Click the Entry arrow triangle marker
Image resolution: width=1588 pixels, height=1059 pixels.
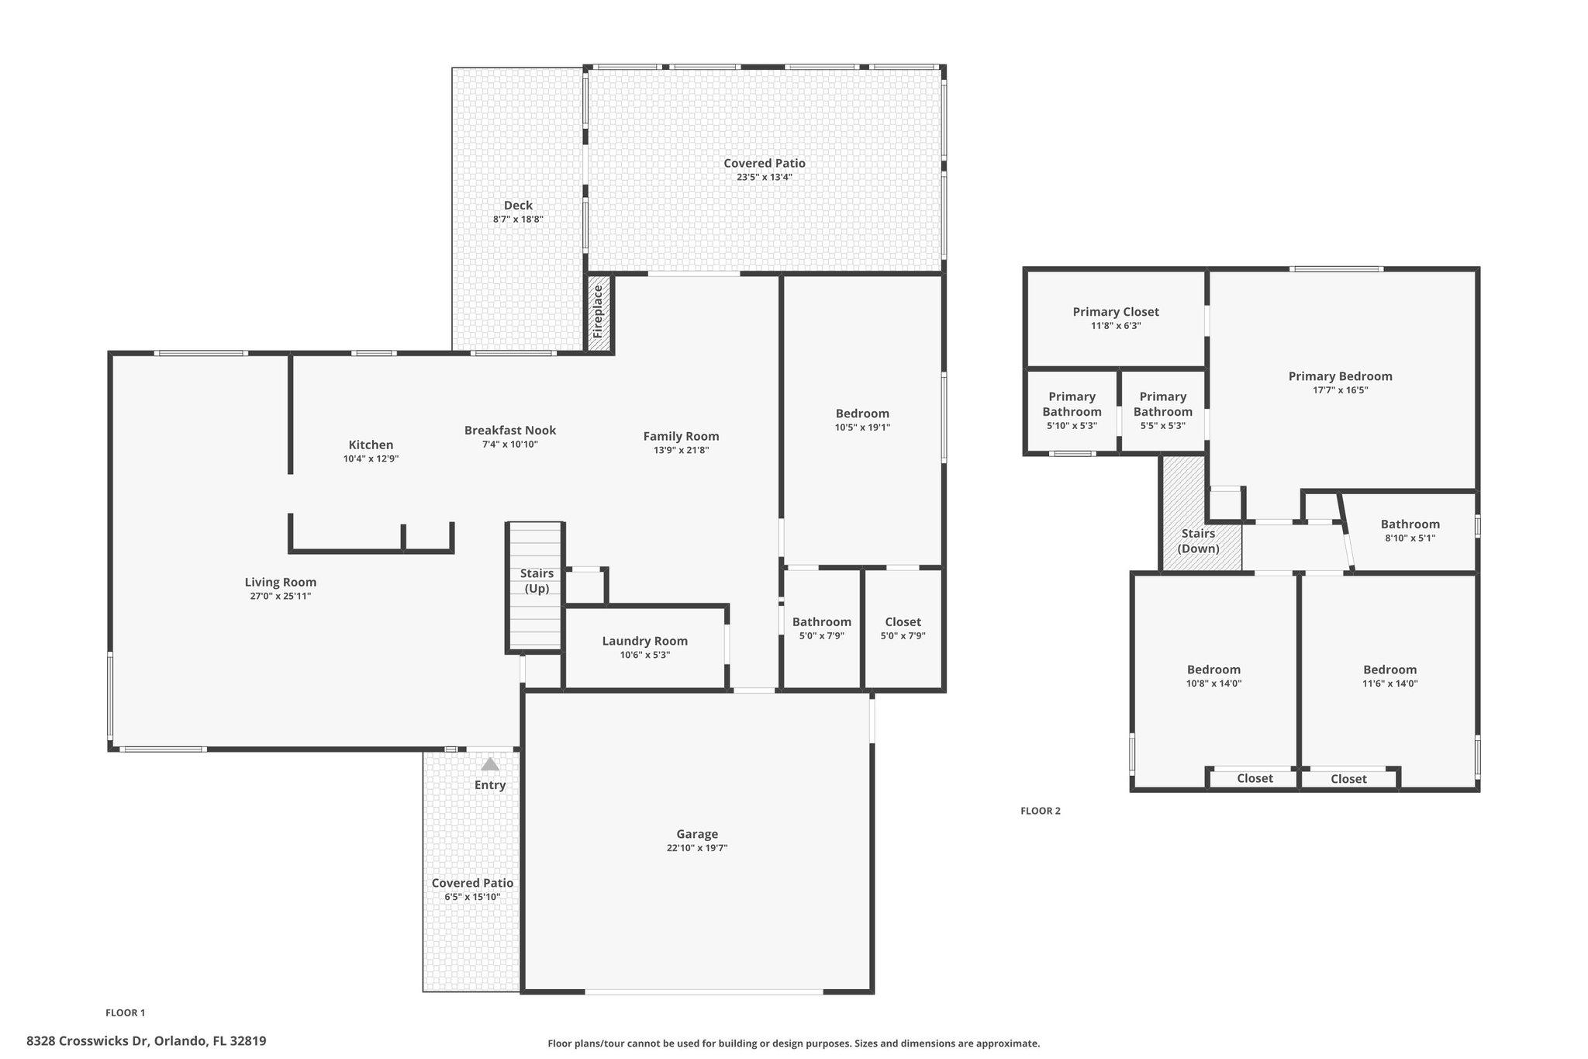[490, 764]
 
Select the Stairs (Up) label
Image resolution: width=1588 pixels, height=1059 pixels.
[537, 580]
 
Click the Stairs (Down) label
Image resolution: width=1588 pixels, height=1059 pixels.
[1198, 541]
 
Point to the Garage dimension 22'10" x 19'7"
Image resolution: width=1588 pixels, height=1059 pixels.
[697, 848]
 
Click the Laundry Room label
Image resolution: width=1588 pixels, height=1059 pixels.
[645, 641]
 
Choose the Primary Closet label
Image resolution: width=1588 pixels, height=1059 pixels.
[1116, 312]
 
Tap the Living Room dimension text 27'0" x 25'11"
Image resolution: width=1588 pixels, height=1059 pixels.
[281, 596]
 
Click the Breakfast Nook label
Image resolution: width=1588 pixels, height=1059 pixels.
[510, 431]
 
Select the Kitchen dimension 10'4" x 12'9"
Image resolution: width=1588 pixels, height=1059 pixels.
[371, 459]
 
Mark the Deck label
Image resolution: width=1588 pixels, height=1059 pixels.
[518, 206]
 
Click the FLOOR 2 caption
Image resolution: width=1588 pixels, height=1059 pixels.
[1041, 811]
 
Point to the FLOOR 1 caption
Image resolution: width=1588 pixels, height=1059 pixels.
[126, 1012]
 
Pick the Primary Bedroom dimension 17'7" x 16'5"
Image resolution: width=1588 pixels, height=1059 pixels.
[1341, 390]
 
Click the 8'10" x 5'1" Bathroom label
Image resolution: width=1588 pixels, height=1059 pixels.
[1410, 524]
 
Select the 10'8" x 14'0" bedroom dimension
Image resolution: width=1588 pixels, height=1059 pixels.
[1214, 684]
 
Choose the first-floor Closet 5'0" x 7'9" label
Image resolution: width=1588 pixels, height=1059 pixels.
[903, 622]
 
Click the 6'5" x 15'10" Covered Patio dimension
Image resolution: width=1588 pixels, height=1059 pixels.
[472, 897]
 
